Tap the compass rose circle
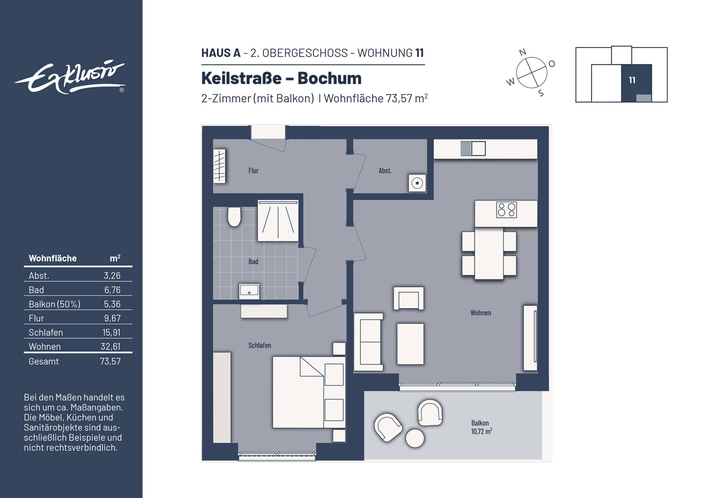[x=531, y=73]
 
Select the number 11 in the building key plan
[x=632, y=80]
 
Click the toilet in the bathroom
[x=234, y=217]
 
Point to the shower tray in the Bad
[x=278, y=221]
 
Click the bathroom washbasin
[x=249, y=291]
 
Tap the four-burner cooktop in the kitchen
[x=506, y=210]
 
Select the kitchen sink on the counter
[x=473, y=149]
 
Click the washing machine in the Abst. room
[x=417, y=183]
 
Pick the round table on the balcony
[x=415, y=438]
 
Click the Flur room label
[x=253, y=171]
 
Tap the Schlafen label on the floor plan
[x=260, y=345]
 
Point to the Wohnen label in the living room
[x=481, y=313]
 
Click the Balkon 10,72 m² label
[x=481, y=427]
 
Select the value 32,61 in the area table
[x=111, y=346]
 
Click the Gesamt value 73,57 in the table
[x=110, y=361]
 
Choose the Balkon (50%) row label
[x=54, y=304]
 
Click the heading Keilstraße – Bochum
[x=281, y=78]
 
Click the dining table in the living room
[x=489, y=253]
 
